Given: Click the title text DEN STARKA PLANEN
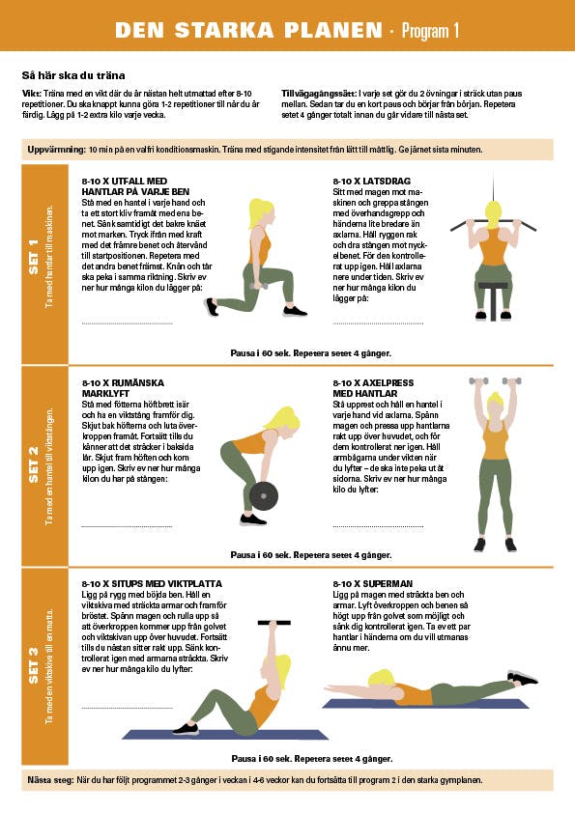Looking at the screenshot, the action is [x=248, y=30].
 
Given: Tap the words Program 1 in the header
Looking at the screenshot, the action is [x=430, y=31].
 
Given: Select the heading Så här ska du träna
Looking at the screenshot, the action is [x=73, y=75].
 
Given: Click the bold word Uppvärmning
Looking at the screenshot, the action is [x=56, y=150].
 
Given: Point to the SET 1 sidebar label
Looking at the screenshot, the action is [x=34, y=257].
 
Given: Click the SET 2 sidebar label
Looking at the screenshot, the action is [x=34, y=464].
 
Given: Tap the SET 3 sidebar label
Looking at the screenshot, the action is [x=34, y=665].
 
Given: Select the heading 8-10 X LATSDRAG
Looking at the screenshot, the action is [x=371, y=181].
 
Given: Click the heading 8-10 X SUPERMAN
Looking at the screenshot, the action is [x=373, y=584].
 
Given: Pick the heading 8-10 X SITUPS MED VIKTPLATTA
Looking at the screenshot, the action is [x=152, y=584].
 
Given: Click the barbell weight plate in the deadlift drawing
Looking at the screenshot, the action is [x=264, y=496].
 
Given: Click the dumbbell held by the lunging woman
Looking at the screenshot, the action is [x=258, y=286].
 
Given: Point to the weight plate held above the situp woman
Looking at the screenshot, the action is [x=274, y=623].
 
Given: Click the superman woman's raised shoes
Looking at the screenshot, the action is [x=522, y=677].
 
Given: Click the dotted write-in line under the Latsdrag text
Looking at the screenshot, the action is [x=378, y=323].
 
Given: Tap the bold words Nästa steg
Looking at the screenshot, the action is [x=50, y=780].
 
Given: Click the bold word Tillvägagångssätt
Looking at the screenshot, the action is [x=319, y=94].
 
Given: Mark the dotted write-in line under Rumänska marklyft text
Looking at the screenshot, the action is [x=127, y=526].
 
